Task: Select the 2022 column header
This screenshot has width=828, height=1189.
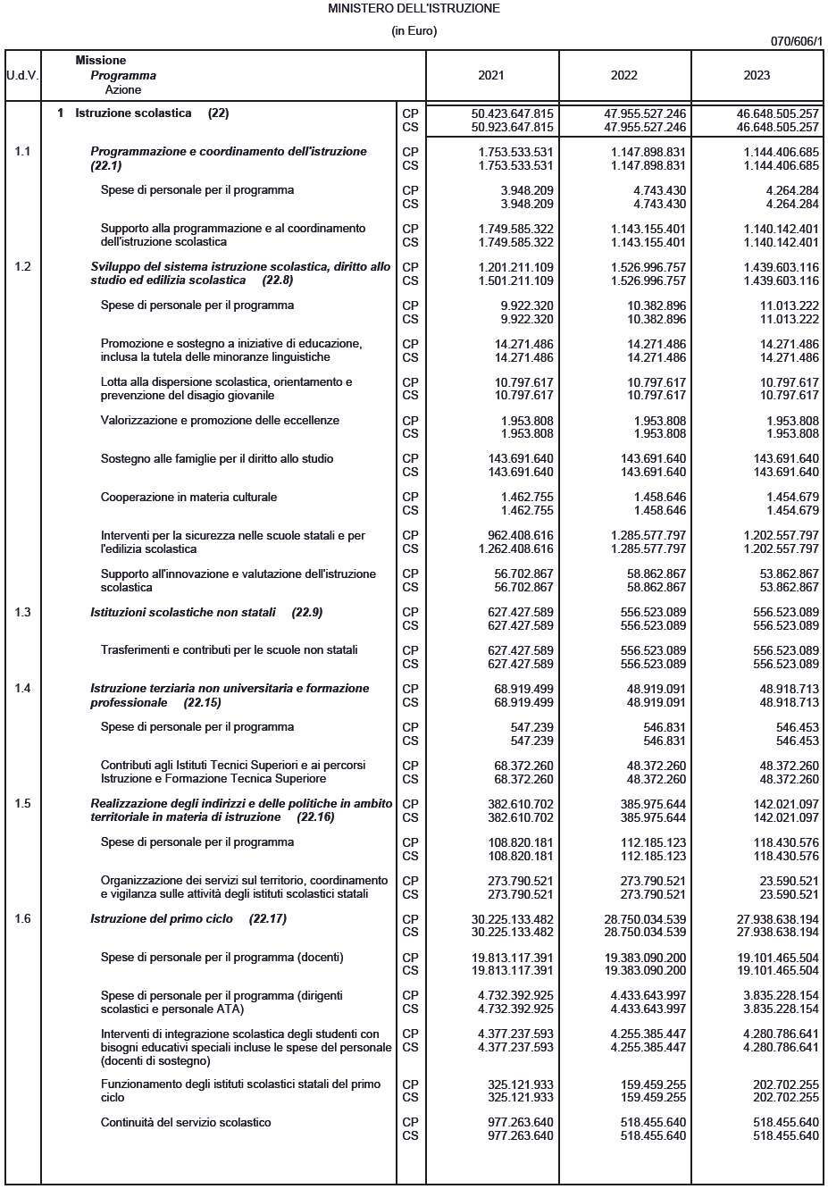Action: (624, 75)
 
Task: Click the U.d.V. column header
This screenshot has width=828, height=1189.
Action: (22, 75)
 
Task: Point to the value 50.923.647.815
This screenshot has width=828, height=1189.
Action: (512, 128)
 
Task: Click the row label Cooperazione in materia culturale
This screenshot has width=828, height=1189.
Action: (188, 498)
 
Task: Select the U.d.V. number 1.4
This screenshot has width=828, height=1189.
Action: (22, 689)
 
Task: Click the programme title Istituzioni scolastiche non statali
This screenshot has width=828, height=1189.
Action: (183, 613)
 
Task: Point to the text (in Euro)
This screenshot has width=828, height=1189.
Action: (414, 31)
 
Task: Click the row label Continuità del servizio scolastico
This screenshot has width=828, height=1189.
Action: (186, 1123)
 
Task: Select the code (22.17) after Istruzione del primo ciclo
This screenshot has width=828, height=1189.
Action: (268, 919)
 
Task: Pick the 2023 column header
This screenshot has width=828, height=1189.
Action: (757, 75)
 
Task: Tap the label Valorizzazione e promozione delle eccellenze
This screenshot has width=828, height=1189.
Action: (220, 421)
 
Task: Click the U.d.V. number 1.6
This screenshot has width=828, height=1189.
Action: (22, 919)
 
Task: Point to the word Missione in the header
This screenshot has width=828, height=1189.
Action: (100, 61)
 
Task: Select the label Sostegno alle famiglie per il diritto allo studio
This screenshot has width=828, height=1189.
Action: (216, 459)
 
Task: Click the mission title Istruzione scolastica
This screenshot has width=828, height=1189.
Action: (133, 113)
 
